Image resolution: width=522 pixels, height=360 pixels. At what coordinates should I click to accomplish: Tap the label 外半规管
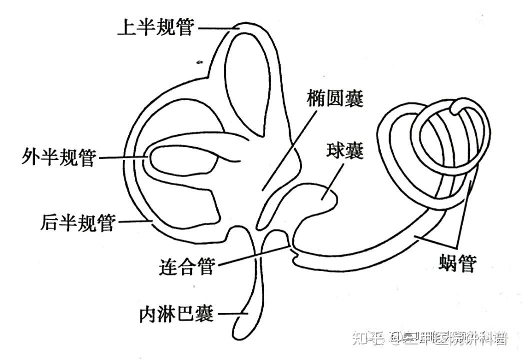click(59, 157)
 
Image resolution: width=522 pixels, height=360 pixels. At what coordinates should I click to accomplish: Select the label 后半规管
click(77, 222)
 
